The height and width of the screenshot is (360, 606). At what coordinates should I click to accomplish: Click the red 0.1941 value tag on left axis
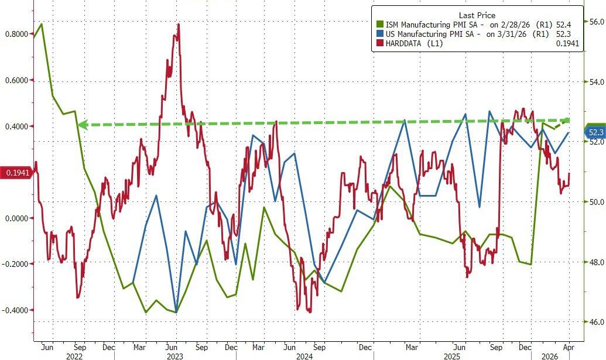[x=16, y=173]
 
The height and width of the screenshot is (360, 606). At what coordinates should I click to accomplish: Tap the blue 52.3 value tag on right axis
[x=594, y=133]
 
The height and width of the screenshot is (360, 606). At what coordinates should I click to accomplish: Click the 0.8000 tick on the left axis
[x=16, y=34]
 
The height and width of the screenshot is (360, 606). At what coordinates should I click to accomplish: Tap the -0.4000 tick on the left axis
[x=16, y=310]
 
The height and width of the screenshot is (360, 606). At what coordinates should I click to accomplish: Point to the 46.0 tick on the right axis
[x=596, y=322]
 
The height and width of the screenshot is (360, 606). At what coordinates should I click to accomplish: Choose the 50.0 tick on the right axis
[x=596, y=202]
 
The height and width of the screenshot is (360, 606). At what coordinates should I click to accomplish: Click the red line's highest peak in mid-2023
[x=178, y=25]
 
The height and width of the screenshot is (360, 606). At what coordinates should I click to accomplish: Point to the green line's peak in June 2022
[x=41, y=24]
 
